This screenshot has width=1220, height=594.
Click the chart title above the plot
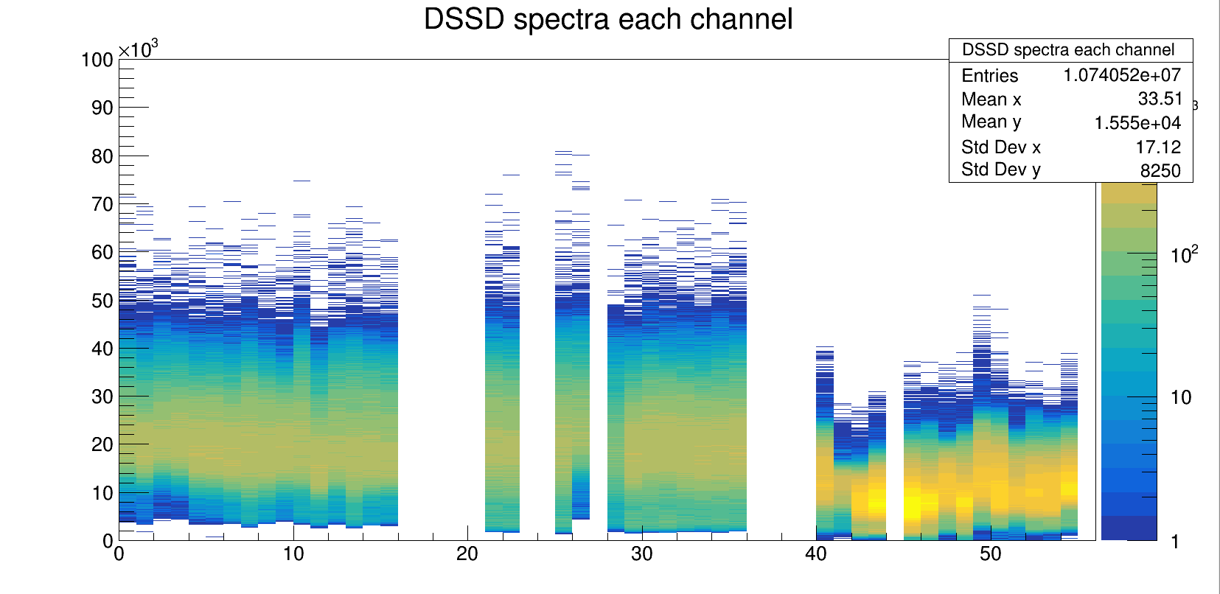point(608,19)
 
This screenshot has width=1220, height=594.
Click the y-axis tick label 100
point(97,60)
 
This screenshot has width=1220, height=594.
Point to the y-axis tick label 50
point(102,301)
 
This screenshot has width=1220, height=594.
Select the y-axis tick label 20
point(102,444)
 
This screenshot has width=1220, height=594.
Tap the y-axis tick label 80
point(102,156)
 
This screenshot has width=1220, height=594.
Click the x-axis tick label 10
point(293,554)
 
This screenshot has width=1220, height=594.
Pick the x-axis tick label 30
point(641,554)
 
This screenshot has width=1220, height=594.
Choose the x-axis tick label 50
point(990,554)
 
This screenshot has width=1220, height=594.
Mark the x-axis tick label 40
point(816,554)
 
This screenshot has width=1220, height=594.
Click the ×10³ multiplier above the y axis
point(139,49)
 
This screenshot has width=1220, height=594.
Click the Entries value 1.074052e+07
point(1121,75)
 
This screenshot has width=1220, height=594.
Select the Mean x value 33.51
point(1160,99)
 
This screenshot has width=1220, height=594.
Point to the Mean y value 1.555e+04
point(1137,123)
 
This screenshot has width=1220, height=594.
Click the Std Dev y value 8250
point(1160,171)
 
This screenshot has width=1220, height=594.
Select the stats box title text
point(1068,50)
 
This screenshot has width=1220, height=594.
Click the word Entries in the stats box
point(989,76)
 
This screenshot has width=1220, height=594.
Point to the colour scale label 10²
point(1184,255)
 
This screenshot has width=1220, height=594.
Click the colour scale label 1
point(1175,542)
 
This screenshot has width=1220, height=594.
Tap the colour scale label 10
point(1181,398)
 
